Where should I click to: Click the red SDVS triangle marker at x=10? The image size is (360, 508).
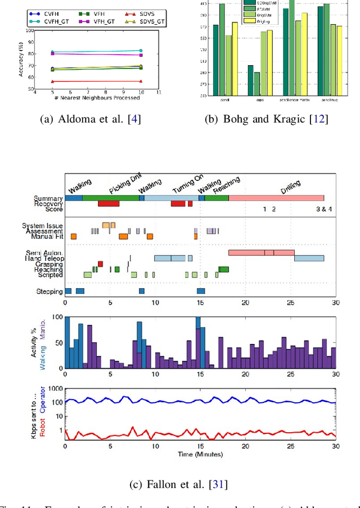coord(140,81)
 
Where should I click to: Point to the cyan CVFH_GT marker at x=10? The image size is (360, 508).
coord(140,51)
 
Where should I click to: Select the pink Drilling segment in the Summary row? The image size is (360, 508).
coord(276,197)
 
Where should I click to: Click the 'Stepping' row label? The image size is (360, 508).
coord(49,291)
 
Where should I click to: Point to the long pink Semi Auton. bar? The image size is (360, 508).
coord(261,252)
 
